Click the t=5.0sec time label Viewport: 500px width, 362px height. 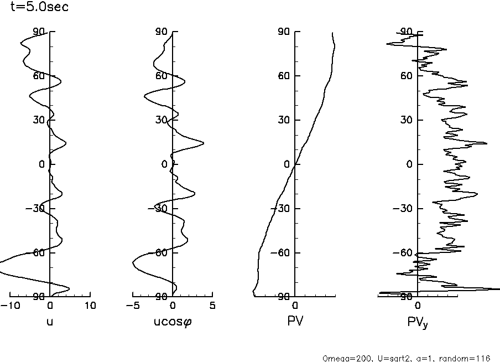pos(36,8)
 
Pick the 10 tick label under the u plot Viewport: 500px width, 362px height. pos(90,306)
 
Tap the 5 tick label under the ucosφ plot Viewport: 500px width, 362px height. pos(213,306)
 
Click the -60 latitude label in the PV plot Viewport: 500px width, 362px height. pos(282,252)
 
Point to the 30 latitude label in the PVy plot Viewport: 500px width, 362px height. pos(407,120)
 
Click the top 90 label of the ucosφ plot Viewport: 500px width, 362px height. pos(162,32)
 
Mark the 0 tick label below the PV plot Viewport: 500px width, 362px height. pos(295,306)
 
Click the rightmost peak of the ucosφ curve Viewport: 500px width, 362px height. pos(204,143)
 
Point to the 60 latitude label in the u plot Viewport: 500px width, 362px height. pos(39,75)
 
